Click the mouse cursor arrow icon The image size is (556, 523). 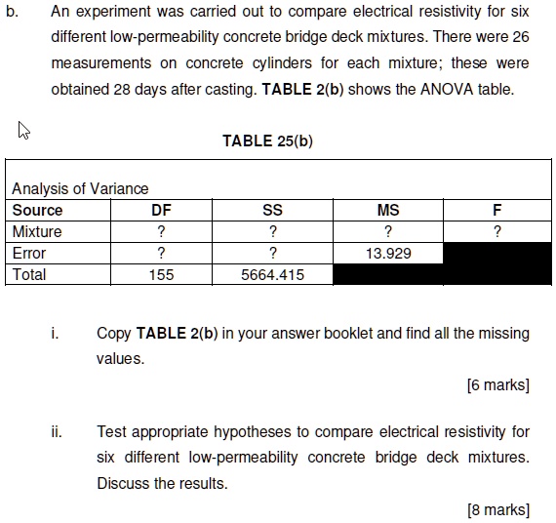pos(22,130)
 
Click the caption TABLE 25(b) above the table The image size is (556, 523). pos(267,141)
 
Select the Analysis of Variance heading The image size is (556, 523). pos(80,188)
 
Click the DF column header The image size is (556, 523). pos(161,210)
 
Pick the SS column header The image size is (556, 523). pos(272,210)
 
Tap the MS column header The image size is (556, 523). pos(387,210)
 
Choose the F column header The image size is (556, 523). pos(497,210)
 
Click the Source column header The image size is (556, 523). pos(37,210)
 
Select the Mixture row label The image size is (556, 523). pos(37,231)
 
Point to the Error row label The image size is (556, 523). pos(29,253)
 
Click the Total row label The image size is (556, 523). pos(29,274)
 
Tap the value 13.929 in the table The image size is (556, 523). pos(387,253)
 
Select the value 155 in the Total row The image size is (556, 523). pos(161,274)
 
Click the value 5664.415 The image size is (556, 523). pos(272,274)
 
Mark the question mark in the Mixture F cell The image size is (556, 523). pos(497,231)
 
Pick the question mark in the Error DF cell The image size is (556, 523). pos(161,253)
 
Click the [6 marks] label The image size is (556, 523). pos(497,384)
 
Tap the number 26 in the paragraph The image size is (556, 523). pos(520,38)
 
